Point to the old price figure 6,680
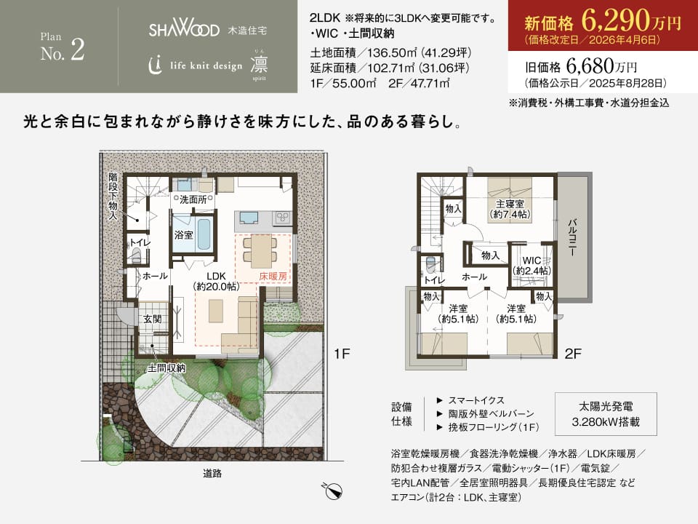590,66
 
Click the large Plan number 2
78,49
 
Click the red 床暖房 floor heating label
273,277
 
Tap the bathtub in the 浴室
204,234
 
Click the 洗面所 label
193,199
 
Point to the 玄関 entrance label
152,319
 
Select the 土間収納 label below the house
167,368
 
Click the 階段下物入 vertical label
113,196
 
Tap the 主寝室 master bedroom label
510,204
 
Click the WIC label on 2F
532,261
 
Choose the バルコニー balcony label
573,237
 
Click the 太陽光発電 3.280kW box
606,414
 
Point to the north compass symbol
332,491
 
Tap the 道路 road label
212,474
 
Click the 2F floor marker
573,354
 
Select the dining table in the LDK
260,250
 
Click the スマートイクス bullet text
476,400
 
